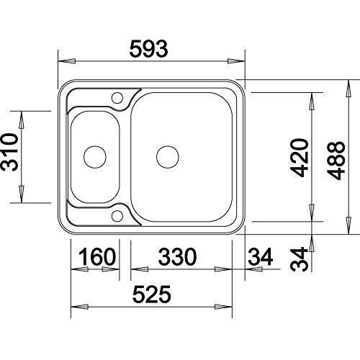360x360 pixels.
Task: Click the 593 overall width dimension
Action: [148, 49]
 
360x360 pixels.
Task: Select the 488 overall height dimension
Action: [336, 161]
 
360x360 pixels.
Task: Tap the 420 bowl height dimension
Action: [300, 158]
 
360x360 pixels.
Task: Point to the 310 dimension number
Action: [9, 152]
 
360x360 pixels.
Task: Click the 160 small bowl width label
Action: [97, 256]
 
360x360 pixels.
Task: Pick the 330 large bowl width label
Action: [177, 256]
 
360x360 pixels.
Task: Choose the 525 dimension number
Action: [152, 294]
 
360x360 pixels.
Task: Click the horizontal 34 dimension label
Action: [261, 256]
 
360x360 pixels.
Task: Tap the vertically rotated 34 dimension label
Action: [299, 259]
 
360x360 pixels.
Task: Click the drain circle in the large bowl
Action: [168, 157]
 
